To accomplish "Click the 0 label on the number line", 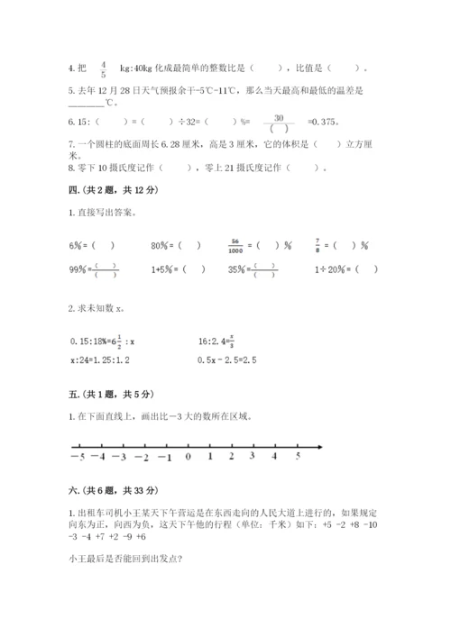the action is coord(188,457).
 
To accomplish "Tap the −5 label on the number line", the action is coord(75,457).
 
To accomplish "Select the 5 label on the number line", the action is coord(298,457).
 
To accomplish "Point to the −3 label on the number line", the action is coord(120,457).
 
